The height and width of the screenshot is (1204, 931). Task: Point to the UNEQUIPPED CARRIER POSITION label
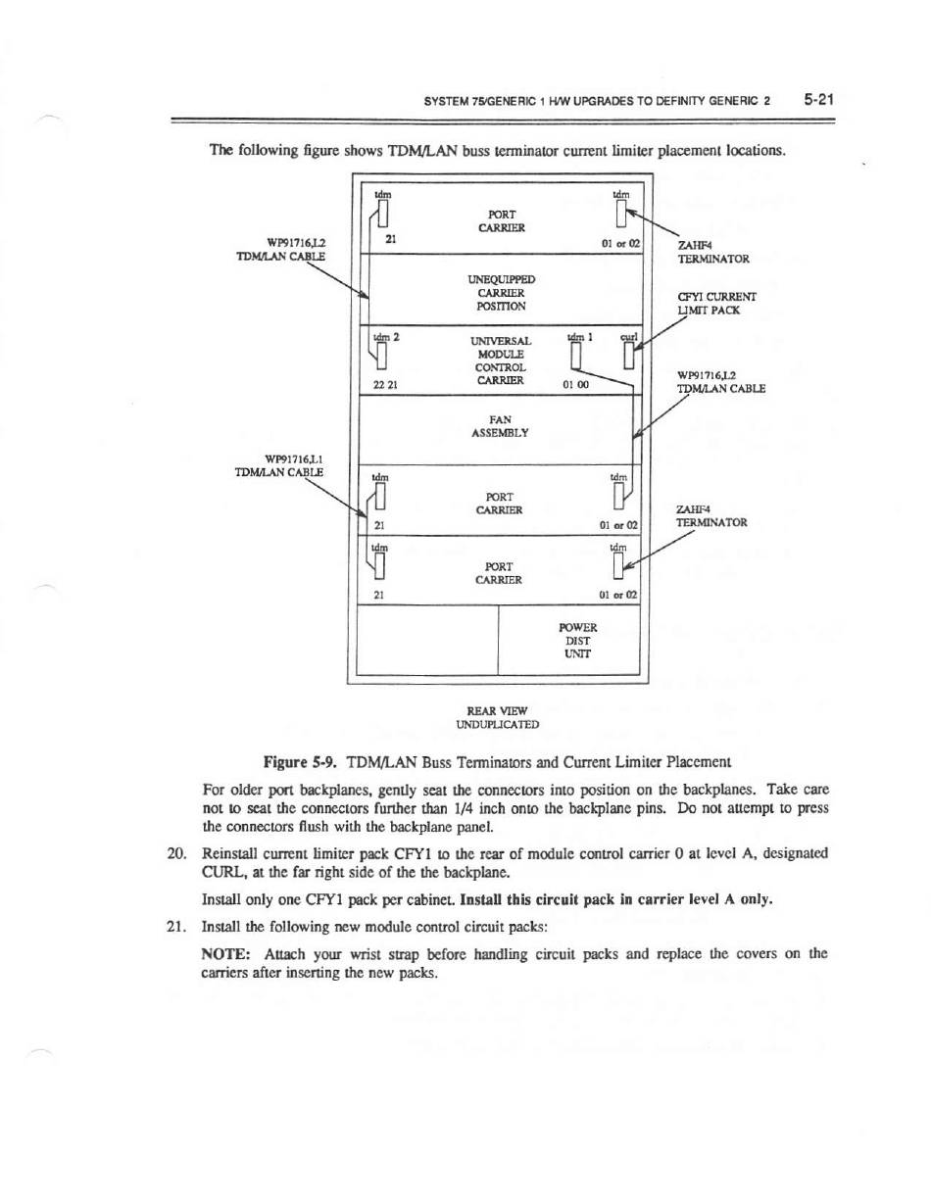tap(502, 292)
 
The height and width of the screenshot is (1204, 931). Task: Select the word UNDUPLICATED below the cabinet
tap(498, 724)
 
